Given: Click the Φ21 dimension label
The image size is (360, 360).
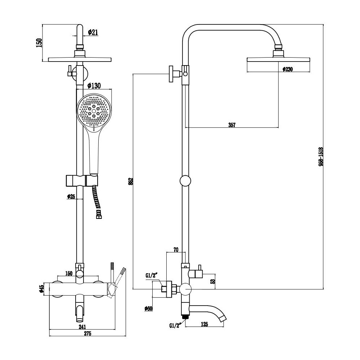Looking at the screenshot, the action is coord(93,32).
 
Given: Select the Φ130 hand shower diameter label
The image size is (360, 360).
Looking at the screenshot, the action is coord(94,86).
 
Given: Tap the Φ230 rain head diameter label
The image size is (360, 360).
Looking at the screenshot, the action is coord(287,69).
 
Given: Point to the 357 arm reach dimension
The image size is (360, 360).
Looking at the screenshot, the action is coord(232,125).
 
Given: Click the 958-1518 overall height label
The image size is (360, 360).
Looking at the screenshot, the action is coord(321,157).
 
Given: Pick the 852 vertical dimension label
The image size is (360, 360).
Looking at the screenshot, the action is coord(131,181).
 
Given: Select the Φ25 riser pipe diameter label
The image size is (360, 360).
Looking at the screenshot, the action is coord(71,197).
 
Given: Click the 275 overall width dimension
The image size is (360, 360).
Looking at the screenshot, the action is coord(87,333).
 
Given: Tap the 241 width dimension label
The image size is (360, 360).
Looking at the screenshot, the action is coord(82,327).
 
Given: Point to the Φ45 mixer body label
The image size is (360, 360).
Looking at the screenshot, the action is coord(41,289).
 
